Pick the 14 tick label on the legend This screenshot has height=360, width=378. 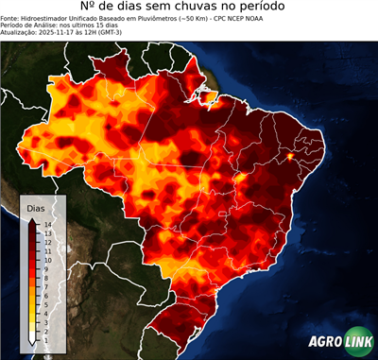pos(46,224)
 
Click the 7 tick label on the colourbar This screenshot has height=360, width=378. pos(45,280)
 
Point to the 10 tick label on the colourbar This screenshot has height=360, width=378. pos(46,256)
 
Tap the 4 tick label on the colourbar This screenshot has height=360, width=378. pos(45,303)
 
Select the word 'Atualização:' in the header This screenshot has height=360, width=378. pos(19,33)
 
